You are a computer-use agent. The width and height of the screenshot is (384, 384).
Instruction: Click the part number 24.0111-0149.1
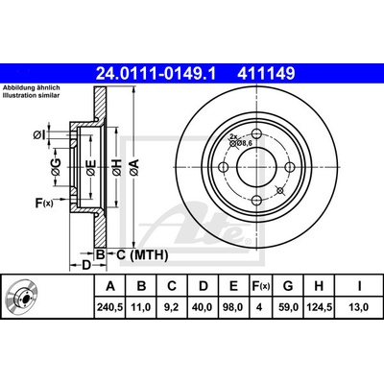[156, 74]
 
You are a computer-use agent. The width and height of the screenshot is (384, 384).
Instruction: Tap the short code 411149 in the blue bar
[266, 74]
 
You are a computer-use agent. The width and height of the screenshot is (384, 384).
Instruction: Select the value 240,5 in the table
[110, 307]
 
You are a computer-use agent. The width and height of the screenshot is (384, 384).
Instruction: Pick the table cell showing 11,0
[141, 307]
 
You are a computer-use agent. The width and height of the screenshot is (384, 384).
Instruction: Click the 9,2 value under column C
[172, 307]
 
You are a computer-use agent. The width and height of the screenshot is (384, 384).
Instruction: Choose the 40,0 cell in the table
[203, 307]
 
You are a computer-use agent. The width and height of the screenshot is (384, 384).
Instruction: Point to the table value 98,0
[233, 307]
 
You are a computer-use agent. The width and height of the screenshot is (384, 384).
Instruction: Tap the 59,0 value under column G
[288, 307]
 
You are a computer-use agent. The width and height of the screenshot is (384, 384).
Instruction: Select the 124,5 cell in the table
[319, 307]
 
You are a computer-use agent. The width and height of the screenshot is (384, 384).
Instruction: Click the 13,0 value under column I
[359, 307]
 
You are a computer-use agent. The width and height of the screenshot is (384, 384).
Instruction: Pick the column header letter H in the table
[319, 286]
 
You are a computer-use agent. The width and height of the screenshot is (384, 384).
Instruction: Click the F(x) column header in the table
[259, 286]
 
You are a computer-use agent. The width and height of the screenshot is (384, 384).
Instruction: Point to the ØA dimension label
[134, 167]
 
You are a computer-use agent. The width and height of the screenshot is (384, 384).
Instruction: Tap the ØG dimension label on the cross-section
[56, 167]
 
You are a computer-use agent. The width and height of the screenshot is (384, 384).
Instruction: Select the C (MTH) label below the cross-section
[141, 255]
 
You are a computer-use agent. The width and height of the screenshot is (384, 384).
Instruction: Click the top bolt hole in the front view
[257, 133]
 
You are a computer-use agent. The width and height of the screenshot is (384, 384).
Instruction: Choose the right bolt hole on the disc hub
[290, 167]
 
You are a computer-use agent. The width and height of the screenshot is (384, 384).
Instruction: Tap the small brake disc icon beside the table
[22, 297]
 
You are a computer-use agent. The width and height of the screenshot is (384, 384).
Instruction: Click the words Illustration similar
[32, 95]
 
